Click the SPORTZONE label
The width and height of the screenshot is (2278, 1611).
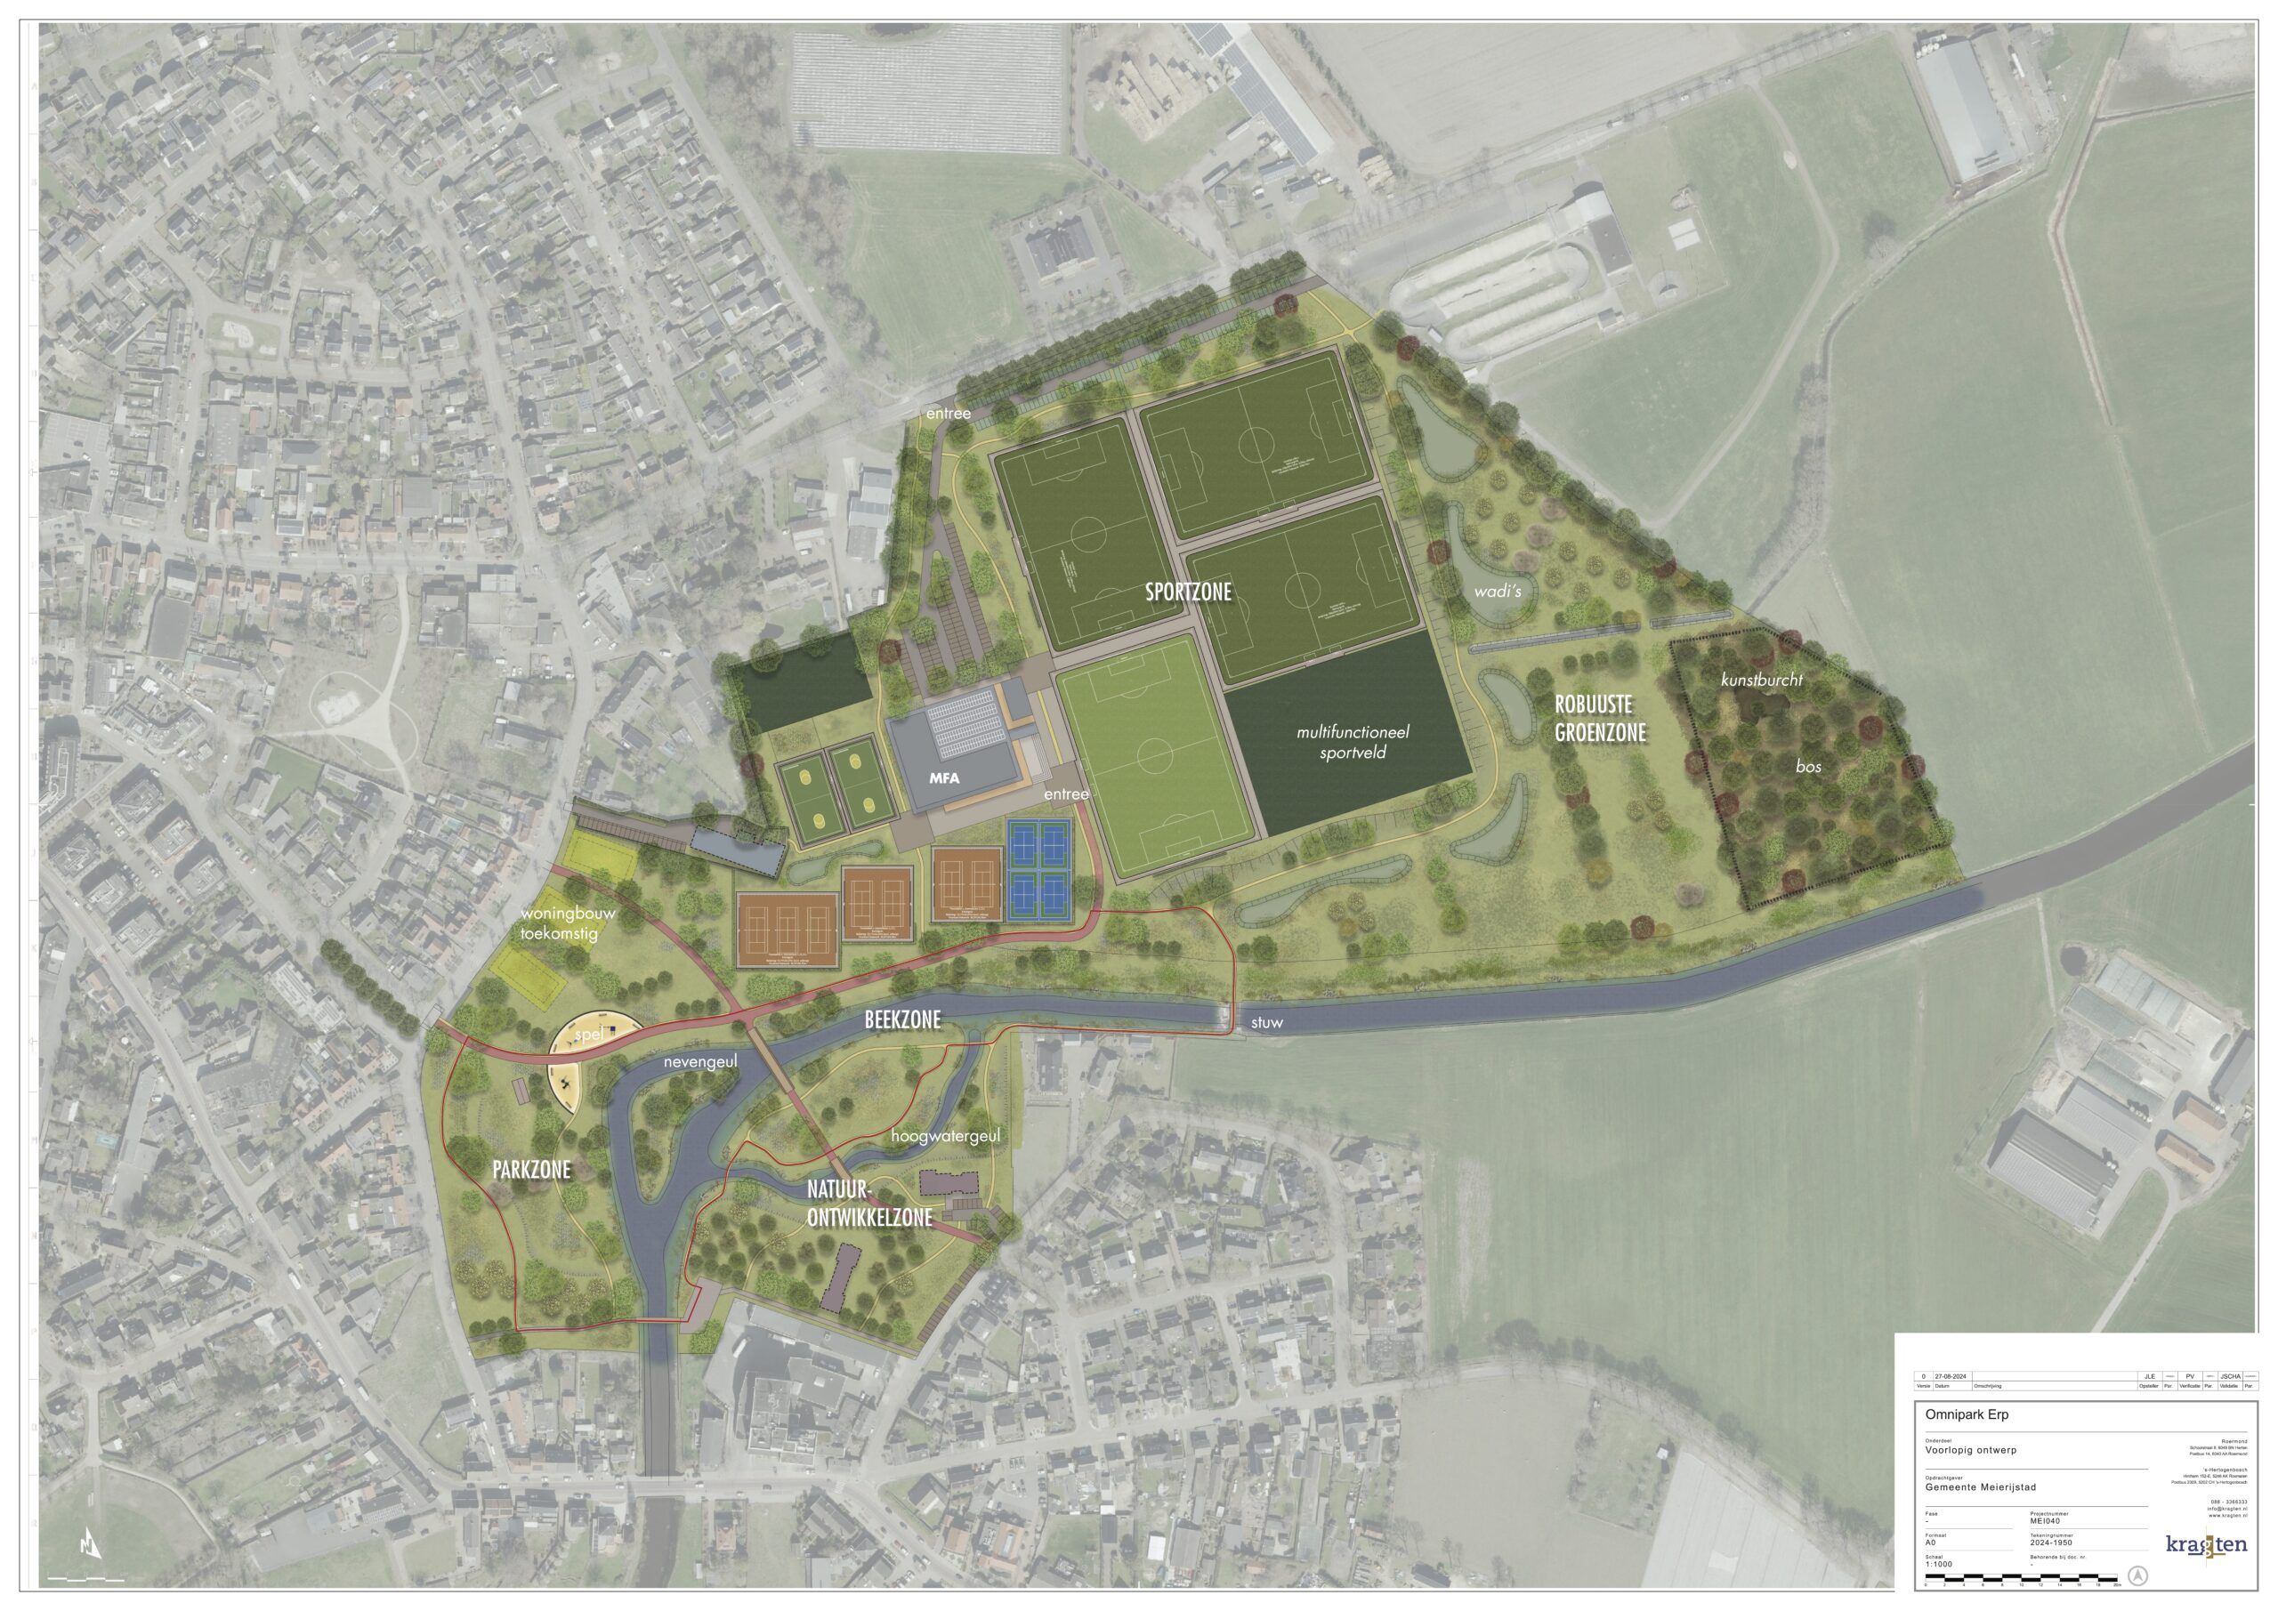1188,592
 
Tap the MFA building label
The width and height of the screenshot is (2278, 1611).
944,777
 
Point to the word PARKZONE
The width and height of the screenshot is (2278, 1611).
532,1171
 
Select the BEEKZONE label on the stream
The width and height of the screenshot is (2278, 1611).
902,1019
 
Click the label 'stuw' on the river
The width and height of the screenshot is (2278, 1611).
1267,1022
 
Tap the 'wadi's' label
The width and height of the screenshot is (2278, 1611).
1498,592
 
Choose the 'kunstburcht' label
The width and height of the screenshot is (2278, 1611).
1762,681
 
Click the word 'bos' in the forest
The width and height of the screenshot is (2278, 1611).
1807,767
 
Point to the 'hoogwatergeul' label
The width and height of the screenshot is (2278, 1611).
946,1136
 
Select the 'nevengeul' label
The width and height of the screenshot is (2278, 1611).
700,1061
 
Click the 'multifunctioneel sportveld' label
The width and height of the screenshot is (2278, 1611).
1353,742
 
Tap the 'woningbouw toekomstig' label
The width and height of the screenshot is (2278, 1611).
568,922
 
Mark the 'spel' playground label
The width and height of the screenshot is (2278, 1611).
588,1034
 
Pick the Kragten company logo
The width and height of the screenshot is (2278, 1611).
2206,1545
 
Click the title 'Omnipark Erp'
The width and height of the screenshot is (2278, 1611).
1967,1414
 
